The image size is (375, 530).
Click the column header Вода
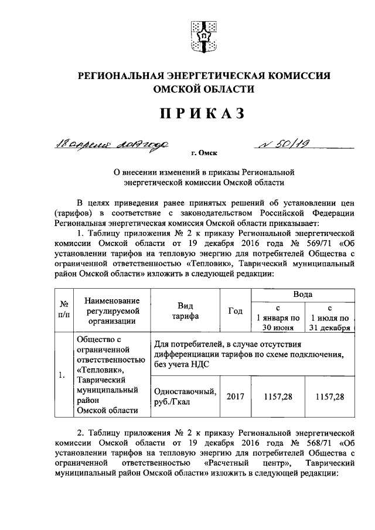click(302, 294)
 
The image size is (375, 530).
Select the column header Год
click(234, 311)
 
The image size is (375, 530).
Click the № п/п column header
click(65, 311)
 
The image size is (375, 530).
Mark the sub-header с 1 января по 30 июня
click(278, 318)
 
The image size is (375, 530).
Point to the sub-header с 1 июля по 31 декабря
click(330, 318)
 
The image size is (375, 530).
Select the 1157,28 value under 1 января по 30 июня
click(278, 397)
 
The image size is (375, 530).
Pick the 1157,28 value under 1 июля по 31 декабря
click(330, 397)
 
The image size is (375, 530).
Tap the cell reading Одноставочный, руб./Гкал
click(184, 397)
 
